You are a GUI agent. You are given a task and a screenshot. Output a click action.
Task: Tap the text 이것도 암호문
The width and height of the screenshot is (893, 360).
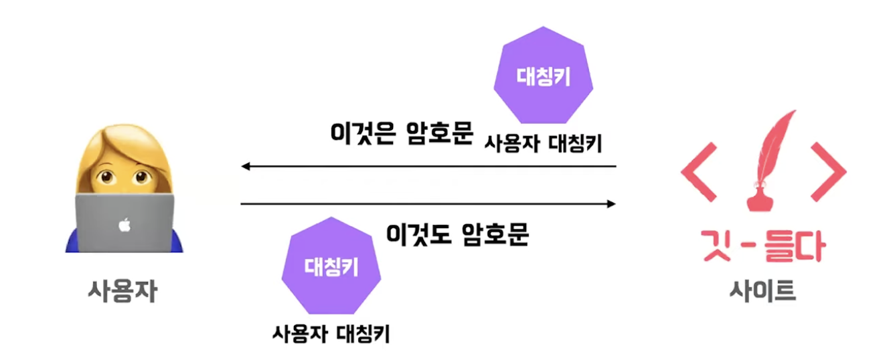point(458,234)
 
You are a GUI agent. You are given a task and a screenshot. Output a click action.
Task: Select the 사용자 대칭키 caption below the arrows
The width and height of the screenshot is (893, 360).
point(331,333)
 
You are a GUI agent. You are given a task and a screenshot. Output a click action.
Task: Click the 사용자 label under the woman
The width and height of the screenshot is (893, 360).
point(123,291)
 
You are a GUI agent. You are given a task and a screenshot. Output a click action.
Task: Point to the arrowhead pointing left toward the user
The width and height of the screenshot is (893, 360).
point(246,166)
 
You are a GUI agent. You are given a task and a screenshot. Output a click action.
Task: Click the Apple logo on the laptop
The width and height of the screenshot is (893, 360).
point(124,226)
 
